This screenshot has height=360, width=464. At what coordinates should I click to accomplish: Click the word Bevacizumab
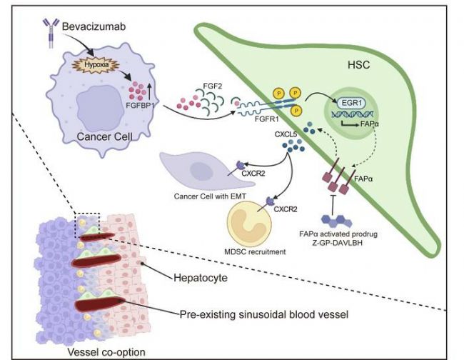(94, 26)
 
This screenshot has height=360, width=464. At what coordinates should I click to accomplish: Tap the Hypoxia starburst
(96, 65)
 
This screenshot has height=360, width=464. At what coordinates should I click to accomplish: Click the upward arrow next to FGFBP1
(149, 91)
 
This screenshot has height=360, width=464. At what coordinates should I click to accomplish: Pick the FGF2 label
(212, 86)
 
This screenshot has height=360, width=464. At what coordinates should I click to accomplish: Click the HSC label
(358, 65)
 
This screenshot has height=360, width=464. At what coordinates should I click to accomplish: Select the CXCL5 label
(286, 134)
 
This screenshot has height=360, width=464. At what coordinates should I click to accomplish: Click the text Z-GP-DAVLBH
(339, 243)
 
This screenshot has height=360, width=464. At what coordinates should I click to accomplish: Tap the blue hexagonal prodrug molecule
(336, 221)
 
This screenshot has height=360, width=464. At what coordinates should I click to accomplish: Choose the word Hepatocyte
(201, 278)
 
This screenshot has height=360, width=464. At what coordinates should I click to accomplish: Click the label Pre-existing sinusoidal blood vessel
(264, 314)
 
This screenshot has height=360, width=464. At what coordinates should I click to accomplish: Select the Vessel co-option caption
(106, 352)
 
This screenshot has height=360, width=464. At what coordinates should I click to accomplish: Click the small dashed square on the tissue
(87, 225)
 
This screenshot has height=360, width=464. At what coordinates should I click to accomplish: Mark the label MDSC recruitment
(255, 252)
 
